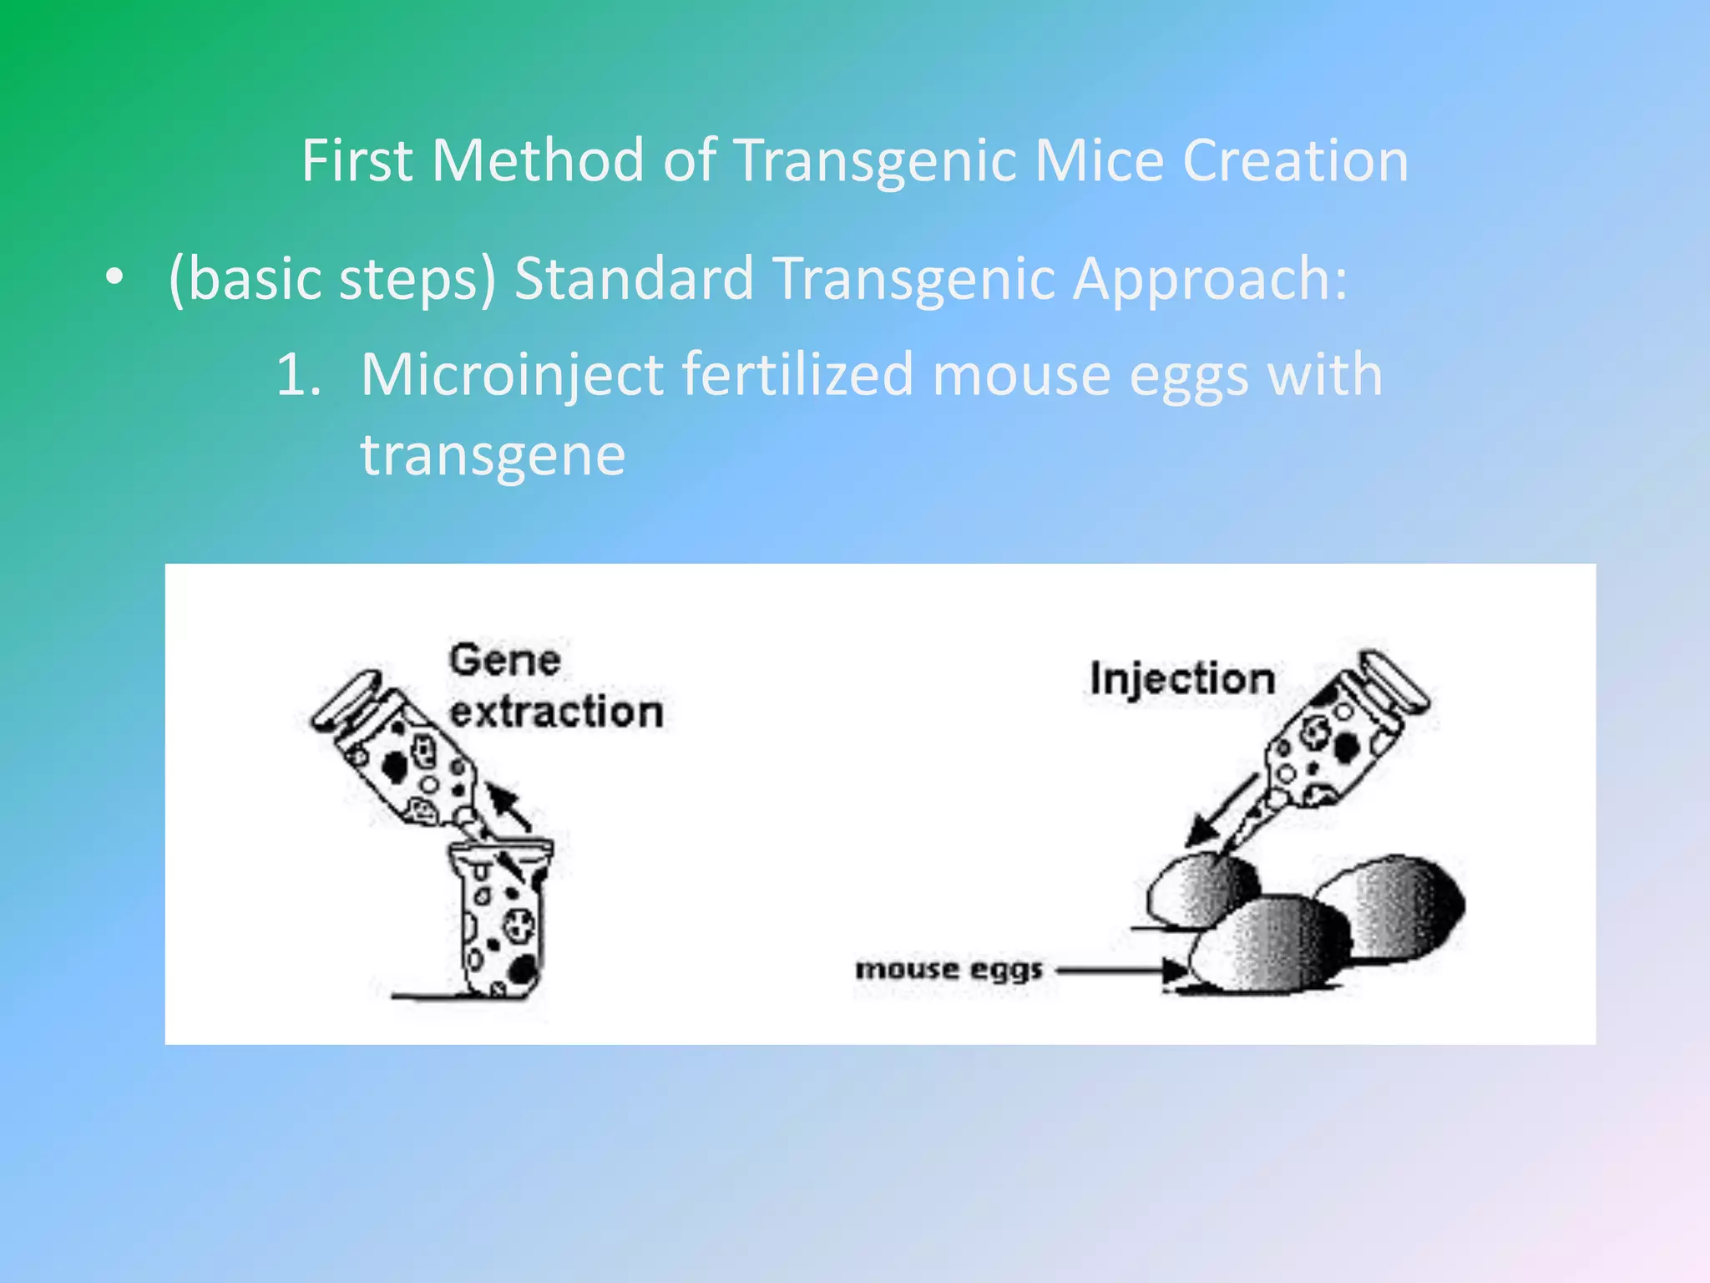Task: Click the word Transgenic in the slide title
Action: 876,161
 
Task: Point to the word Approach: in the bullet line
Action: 1210,279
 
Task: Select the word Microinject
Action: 512,376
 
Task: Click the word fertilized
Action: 797,374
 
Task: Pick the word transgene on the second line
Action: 493,455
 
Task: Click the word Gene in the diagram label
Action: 505,661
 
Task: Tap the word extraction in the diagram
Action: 556,712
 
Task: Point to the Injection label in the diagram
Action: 1182,678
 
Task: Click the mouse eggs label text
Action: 949,970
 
